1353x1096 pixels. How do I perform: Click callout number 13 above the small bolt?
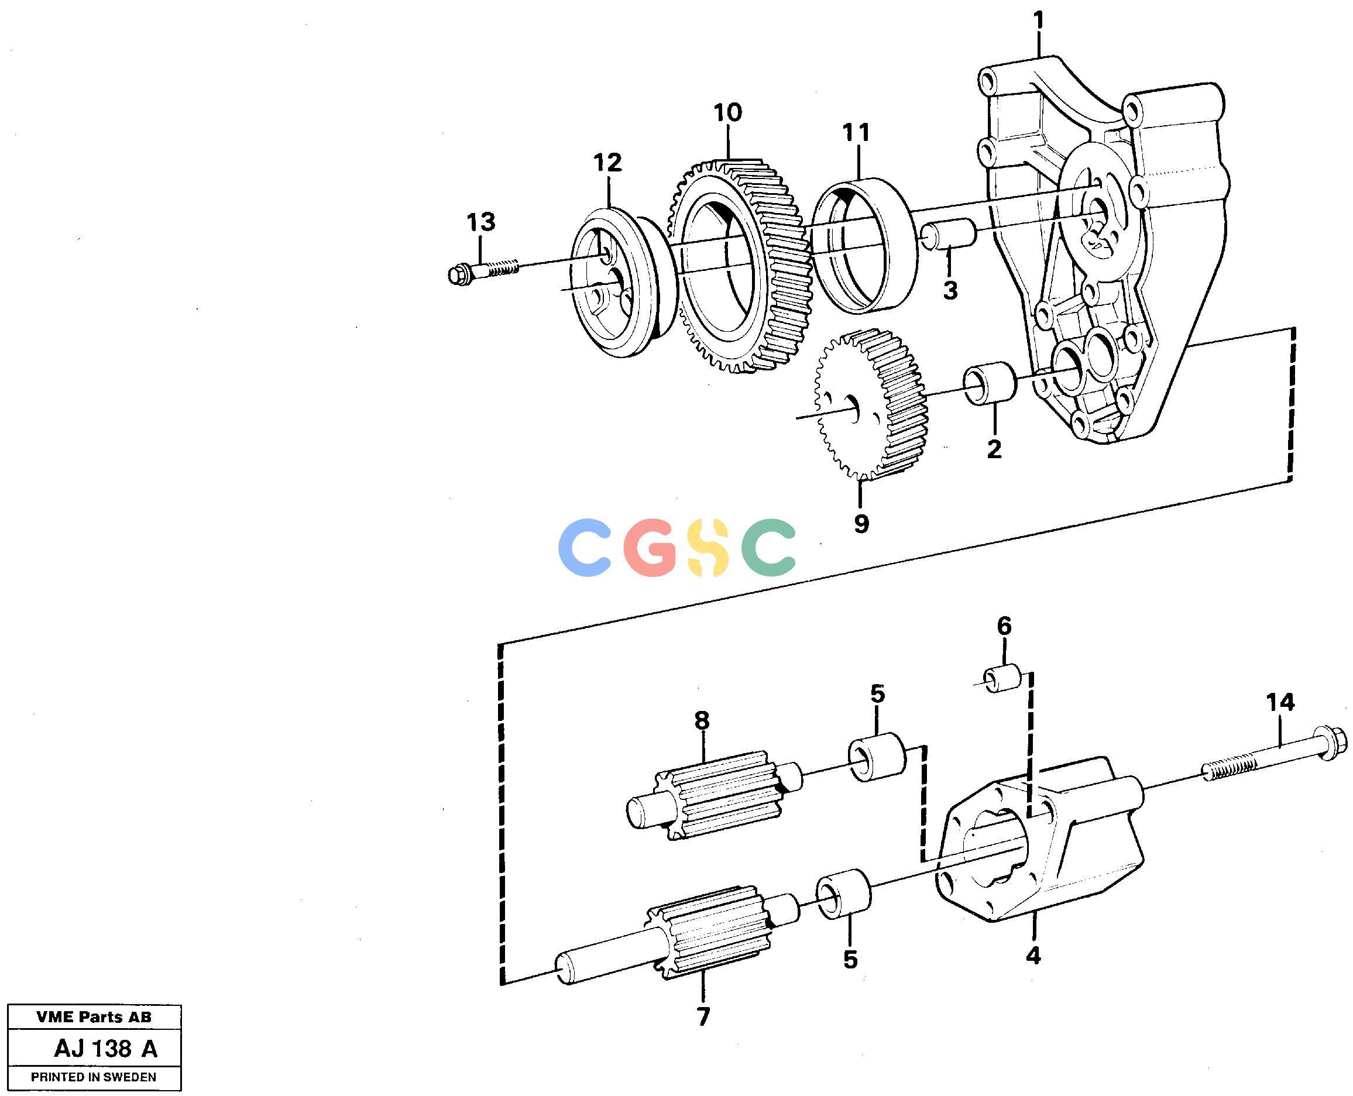click(481, 222)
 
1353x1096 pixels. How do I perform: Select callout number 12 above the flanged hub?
click(607, 163)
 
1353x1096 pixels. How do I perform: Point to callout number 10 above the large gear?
click(727, 113)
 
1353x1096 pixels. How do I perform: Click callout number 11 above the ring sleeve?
click(856, 133)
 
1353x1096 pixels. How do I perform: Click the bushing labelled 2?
click(990, 382)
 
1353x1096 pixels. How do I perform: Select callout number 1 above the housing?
click(1039, 22)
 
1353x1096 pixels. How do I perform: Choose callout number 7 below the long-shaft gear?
click(703, 1016)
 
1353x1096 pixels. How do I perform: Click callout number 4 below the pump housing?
click(1033, 956)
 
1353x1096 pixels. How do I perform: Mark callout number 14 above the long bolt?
click(1280, 702)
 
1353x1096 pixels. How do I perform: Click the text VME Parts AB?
click(94, 1017)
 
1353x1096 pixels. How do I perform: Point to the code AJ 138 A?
click(105, 1049)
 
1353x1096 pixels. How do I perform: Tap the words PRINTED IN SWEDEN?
click(94, 1077)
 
